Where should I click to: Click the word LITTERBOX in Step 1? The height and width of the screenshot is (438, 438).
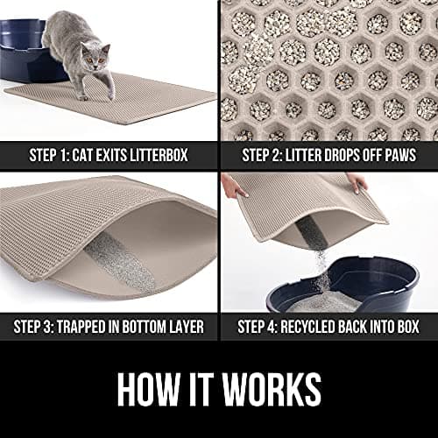click(159, 155)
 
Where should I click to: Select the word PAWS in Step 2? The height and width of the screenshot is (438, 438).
click(400, 155)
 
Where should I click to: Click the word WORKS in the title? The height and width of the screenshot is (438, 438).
click(272, 389)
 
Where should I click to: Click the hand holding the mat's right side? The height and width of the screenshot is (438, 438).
click(357, 182)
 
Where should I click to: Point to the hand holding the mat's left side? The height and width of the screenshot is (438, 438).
click(233, 187)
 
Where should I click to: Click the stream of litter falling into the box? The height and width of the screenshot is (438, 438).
click(322, 272)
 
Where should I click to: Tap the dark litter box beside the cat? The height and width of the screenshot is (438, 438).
click(25, 51)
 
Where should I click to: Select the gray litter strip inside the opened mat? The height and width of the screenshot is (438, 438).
click(120, 263)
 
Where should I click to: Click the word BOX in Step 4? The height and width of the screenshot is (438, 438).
click(408, 327)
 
